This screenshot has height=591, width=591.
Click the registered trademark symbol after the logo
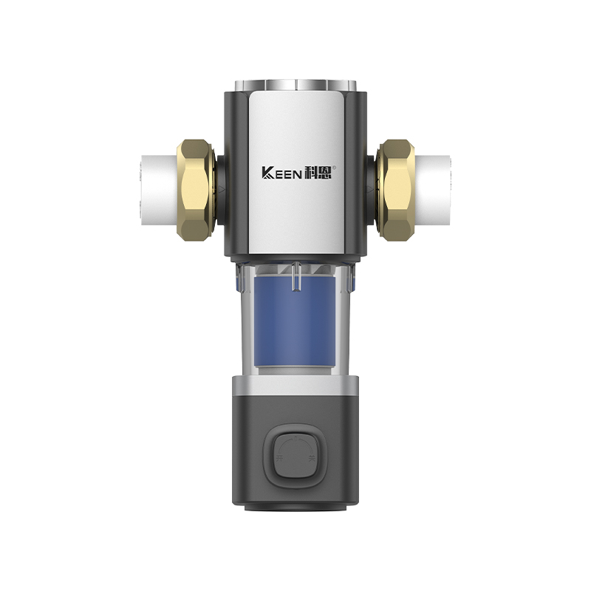click(x=334, y=167)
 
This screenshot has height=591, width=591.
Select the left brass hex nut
click(x=194, y=189)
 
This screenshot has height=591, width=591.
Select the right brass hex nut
click(x=395, y=189)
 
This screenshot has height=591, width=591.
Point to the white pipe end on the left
click(x=157, y=190)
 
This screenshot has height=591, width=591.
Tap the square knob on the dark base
click(x=295, y=454)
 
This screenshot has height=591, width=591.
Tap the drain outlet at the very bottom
click(x=295, y=508)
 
